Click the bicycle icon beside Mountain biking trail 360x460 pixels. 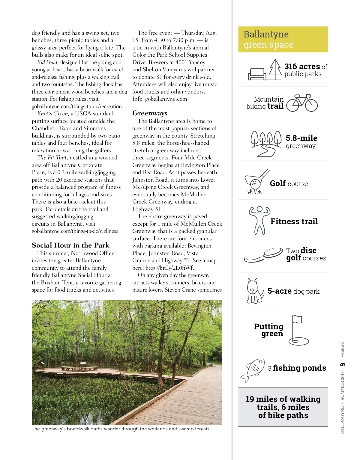(302, 103)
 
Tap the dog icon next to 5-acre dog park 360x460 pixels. (255, 291)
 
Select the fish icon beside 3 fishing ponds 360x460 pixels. (253, 369)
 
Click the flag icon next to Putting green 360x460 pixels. (298, 330)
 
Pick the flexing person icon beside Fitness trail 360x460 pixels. (259, 221)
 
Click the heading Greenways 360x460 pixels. (150, 113)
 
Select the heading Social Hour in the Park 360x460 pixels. (70, 245)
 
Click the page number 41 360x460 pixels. (342, 364)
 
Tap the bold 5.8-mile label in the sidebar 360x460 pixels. (301, 138)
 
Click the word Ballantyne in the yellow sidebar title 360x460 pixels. (266, 34)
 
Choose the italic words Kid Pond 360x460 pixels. (47, 62)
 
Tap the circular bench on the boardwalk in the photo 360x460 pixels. (79, 368)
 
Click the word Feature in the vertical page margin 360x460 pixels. (342, 350)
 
